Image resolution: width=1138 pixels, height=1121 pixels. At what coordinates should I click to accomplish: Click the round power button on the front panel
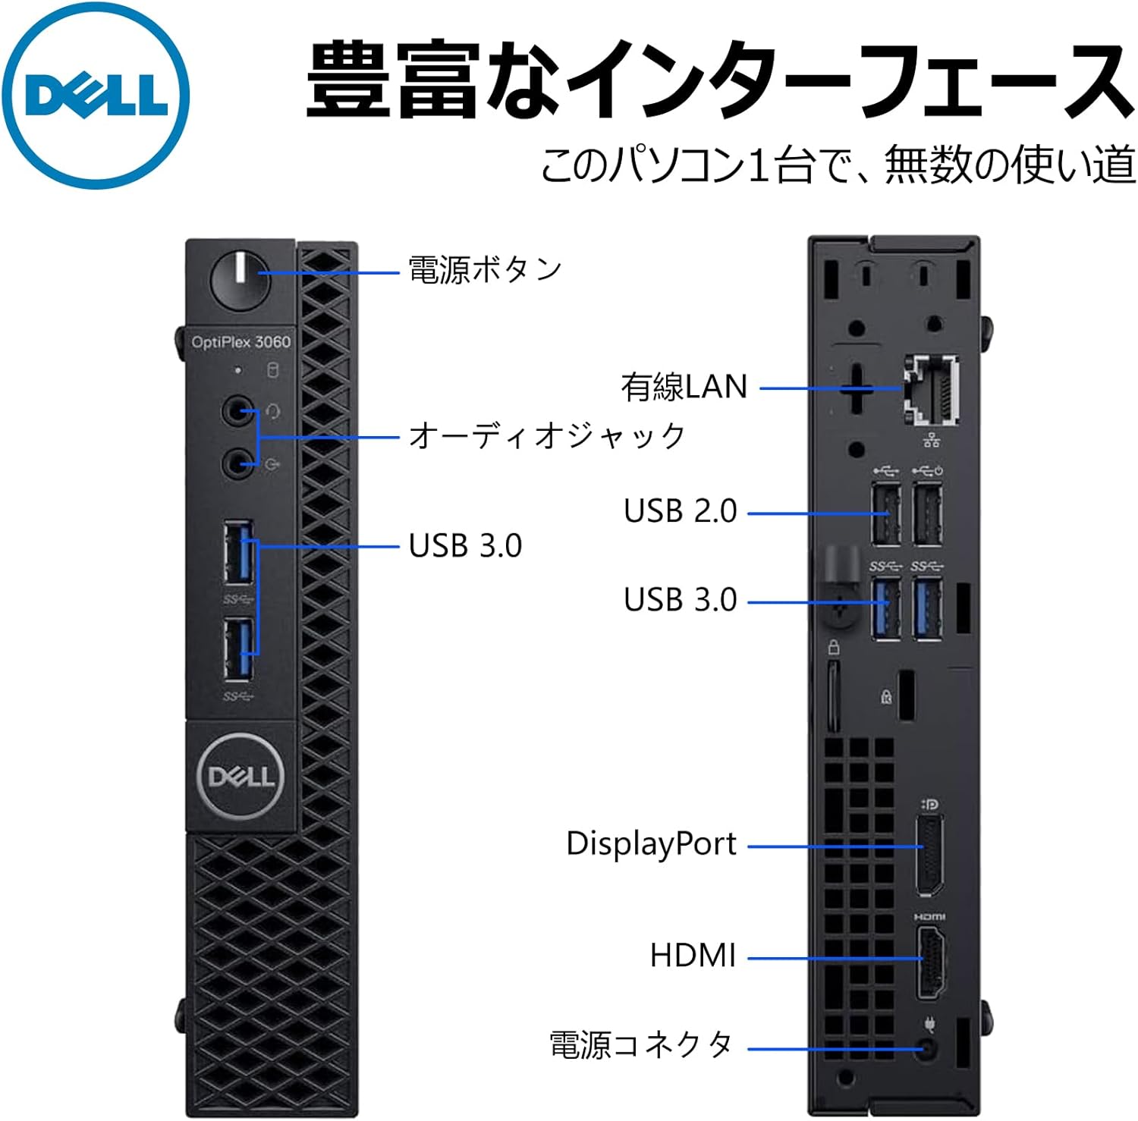(240, 280)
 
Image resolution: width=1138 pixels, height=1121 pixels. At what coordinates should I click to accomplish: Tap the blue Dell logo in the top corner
(96, 95)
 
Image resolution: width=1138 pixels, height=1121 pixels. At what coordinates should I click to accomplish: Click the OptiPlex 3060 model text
(240, 342)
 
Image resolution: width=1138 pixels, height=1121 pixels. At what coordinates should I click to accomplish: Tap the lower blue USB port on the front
(238, 650)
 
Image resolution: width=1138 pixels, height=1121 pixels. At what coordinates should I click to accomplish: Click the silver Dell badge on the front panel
(240, 776)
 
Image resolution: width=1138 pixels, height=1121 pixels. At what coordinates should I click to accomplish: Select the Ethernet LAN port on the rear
(931, 389)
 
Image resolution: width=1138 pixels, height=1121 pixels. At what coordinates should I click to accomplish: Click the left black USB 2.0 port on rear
(885, 514)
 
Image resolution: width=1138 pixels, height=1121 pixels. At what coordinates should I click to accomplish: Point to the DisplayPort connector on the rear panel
(930, 855)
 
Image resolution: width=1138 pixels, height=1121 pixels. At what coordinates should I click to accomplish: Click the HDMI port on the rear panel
(931, 959)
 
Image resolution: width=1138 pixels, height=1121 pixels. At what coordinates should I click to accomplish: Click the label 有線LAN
(684, 387)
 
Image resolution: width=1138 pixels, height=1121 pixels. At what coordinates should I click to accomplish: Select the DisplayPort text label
(651, 843)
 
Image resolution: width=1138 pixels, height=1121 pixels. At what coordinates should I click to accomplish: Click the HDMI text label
(693, 955)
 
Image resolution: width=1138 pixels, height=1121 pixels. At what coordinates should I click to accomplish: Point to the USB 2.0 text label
(680, 511)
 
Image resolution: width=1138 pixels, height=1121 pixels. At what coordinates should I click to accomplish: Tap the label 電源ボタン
(485, 270)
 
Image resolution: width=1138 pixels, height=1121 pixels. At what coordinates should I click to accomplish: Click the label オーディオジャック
(546, 436)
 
